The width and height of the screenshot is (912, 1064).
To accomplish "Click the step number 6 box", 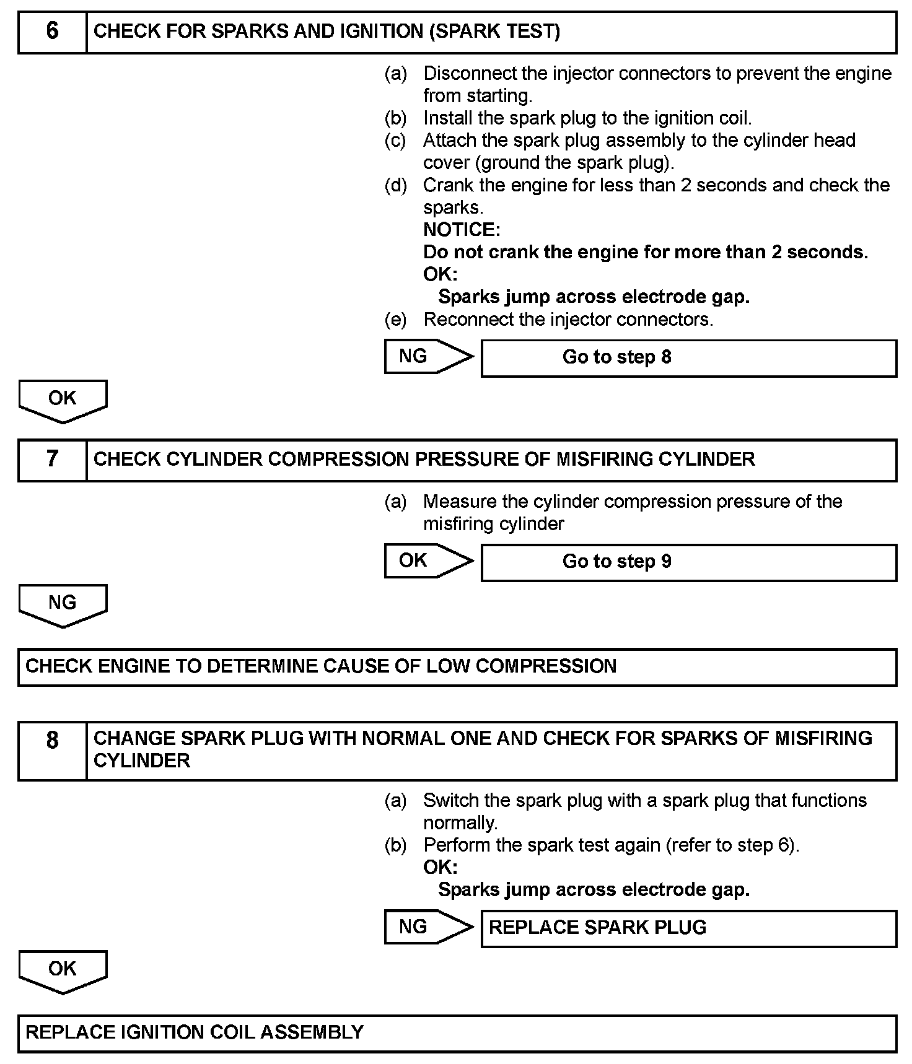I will (53, 32).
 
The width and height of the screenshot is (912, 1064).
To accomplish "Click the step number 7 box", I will (53, 460).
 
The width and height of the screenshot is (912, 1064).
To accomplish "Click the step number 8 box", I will (53, 750).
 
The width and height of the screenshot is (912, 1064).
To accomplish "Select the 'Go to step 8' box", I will (688, 357).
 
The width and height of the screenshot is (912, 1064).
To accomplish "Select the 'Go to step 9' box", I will (688, 562).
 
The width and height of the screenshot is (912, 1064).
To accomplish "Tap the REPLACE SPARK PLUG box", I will (688, 928).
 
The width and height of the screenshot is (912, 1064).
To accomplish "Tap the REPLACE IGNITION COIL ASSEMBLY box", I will (457, 1033).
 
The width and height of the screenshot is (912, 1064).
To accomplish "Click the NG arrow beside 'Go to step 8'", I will (427, 356).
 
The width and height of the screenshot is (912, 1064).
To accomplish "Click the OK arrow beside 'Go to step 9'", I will (427, 560).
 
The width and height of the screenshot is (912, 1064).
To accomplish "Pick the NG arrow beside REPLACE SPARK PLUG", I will (427, 927).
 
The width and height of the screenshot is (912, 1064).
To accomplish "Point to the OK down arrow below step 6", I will (63, 400).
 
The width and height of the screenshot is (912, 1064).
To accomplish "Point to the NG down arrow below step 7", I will (63, 604).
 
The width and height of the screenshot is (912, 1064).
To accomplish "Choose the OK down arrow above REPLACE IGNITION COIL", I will (63, 970).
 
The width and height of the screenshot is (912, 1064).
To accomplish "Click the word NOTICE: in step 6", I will (462, 230).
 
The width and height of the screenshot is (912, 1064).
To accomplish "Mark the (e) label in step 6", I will (395, 320).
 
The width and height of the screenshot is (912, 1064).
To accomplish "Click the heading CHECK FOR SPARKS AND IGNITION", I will (327, 32).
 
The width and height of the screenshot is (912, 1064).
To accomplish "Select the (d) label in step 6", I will (395, 185).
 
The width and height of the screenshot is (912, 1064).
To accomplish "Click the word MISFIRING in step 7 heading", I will (604, 460).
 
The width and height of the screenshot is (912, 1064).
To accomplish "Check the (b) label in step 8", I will (395, 845).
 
